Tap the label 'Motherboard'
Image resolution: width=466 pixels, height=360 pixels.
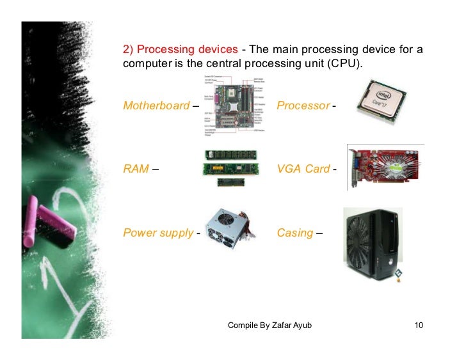pos(156,106)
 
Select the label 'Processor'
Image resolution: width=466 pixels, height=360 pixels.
pos(303,106)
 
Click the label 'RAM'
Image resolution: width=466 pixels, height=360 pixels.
pos(136,169)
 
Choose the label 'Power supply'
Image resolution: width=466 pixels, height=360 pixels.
pos(157,233)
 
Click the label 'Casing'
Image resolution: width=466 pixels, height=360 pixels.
pos(295,233)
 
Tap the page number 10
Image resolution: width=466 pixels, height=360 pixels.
pos(419,327)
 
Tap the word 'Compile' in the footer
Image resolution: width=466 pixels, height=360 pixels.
pos(243,327)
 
